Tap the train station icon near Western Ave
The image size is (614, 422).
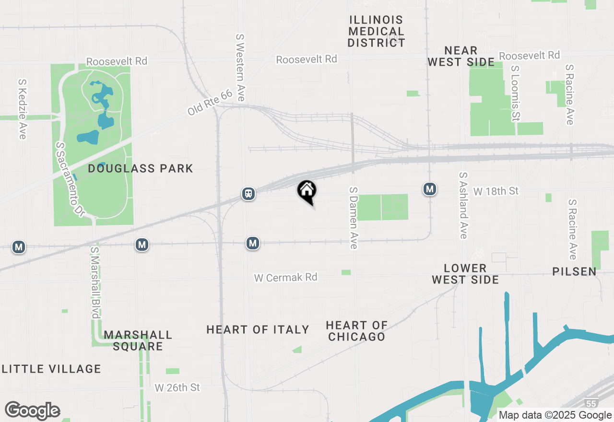248,194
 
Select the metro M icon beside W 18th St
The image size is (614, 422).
430,189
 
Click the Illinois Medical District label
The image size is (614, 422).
377,31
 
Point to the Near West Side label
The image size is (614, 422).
461,56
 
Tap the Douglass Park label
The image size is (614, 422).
141,168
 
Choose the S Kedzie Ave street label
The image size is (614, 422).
22,109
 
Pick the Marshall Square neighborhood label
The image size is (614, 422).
138,340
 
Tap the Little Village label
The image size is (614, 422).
52,369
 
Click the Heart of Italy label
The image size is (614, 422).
258,329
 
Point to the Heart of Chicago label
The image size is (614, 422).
356,331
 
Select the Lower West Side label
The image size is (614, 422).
465,274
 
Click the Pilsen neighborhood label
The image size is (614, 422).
574,271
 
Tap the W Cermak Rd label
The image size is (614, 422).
286,277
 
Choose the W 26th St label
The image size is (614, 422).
177,387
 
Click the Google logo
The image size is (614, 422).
33,411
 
